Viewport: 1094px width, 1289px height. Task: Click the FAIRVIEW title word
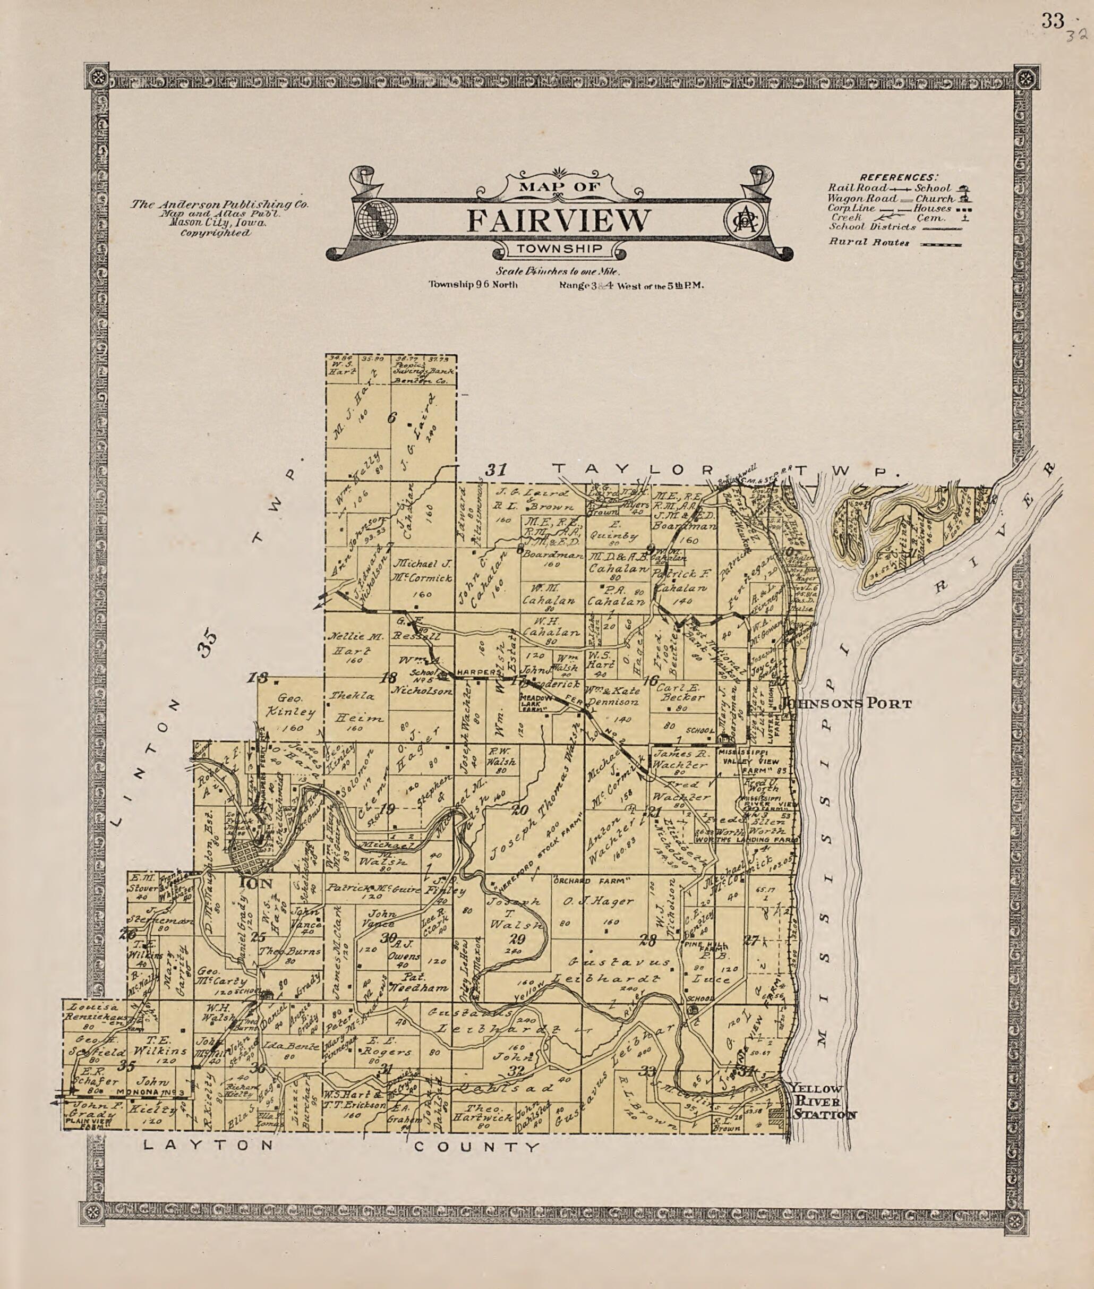pyautogui.click(x=559, y=220)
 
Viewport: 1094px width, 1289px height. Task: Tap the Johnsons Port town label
pyautogui.click(x=847, y=703)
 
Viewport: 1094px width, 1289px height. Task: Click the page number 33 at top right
pyautogui.click(x=1053, y=21)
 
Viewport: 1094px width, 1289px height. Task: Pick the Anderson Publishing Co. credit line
pyautogui.click(x=219, y=204)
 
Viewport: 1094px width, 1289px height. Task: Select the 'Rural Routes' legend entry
pyautogui.click(x=869, y=243)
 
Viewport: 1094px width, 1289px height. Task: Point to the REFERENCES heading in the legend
pyautogui.click(x=899, y=177)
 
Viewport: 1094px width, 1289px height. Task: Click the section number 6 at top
pyautogui.click(x=391, y=417)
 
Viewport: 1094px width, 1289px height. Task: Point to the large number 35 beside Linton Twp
pyautogui.click(x=208, y=644)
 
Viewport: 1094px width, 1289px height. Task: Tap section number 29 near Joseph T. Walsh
pyautogui.click(x=516, y=939)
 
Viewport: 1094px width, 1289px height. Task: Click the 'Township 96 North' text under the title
pyautogui.click(x=473, y=285)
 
